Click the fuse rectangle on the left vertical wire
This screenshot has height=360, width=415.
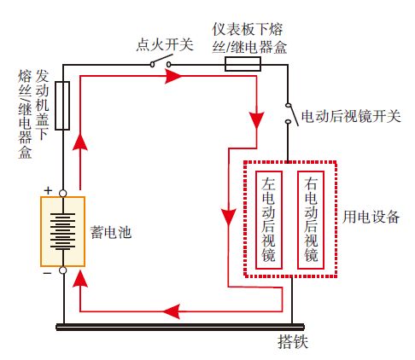coord(61,106)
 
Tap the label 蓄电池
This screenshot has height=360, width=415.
coord(108,231)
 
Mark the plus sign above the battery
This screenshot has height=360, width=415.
coord(48,189)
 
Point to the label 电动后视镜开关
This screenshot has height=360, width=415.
coord(351,115)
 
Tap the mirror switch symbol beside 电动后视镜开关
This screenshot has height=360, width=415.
coord(289,113)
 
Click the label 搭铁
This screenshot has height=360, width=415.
coord(290,344)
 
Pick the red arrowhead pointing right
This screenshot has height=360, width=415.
coord(173,76)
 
